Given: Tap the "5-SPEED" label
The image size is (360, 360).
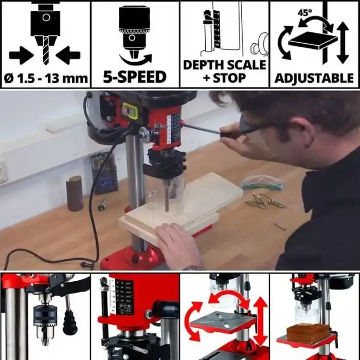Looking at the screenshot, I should tap(135, 78).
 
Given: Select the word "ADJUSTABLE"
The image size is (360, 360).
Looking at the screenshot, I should tap(314, 79).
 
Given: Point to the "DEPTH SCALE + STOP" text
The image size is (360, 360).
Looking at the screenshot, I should tap(225, 71).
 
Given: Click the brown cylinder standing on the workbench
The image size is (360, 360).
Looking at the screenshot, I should tap(75, 193).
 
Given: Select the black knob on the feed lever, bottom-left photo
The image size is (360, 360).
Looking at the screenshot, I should tap(69, 323).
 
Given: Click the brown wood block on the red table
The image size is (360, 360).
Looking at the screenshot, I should tap(307, 332).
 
